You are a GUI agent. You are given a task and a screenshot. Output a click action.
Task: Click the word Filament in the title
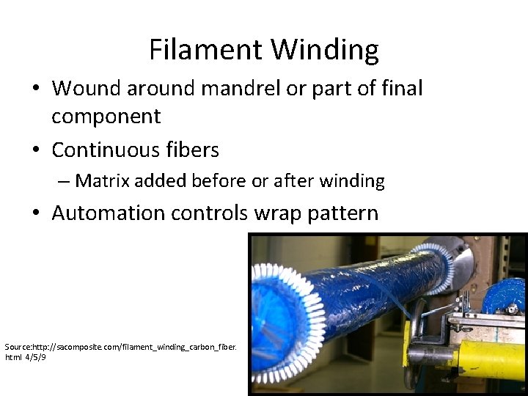click(206, 50)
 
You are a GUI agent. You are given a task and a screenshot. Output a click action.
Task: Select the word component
click(106, 117)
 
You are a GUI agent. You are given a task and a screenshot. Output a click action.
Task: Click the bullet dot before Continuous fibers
click(37, 151)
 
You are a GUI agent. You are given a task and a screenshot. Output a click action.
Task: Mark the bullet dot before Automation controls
click(37, 214)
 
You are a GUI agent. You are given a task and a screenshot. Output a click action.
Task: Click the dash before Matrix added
click(65, 181)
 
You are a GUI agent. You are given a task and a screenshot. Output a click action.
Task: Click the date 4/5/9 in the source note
click(36, 357)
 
